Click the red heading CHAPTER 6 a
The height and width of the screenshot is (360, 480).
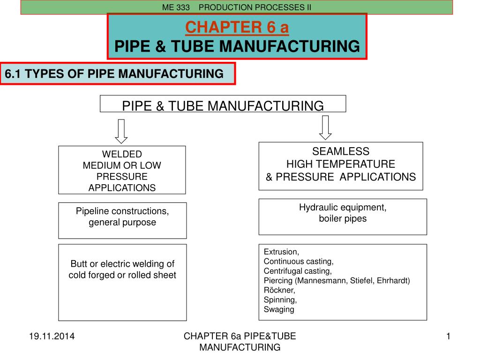tap(237, 28)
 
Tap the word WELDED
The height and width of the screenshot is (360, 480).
tap(122, 154)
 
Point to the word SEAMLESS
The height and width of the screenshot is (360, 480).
tap(341, 151)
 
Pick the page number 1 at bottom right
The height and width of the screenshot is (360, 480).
tap(448, 336)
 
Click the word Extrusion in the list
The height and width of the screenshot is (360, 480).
tap(281, 252)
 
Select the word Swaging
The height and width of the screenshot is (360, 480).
tap(279, 309)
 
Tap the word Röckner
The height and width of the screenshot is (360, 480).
tap(279, 290)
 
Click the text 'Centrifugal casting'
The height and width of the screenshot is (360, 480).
tap(298, 271)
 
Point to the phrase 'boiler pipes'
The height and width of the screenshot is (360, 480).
tap(343, 218)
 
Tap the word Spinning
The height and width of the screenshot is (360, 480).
tap(280, 300)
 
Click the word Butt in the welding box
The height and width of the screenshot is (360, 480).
tap(79, 264)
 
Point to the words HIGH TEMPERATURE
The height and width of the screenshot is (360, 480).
tap(341, 164)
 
